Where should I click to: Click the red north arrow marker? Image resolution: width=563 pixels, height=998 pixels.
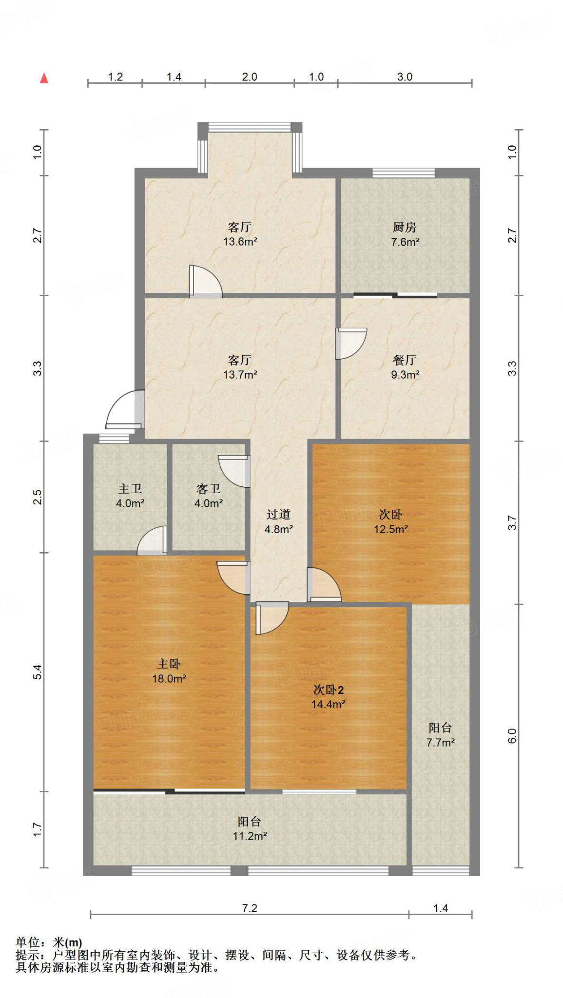(44, 78)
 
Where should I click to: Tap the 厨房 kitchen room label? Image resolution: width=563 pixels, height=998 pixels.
(405, 227)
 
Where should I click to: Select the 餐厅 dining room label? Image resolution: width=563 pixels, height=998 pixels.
(405, 360)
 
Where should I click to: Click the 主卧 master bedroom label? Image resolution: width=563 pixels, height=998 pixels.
(169, 664)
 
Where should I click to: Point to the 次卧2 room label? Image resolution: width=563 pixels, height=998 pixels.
(328, 690)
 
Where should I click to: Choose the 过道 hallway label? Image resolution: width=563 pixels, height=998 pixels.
(278, 515)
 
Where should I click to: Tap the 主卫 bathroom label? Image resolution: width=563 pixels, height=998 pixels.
(130, 489)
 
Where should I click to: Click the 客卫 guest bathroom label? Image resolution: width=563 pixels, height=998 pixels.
(209, 489)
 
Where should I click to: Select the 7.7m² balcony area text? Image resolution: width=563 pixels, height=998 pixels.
(440, 743)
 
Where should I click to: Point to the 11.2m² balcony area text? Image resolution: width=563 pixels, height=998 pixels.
(249, 836)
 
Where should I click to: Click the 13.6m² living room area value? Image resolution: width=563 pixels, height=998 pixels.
(240, 242)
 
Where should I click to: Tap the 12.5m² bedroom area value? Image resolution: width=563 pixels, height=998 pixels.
(390, 529)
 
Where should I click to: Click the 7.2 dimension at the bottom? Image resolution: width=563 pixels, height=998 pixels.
(250, 908)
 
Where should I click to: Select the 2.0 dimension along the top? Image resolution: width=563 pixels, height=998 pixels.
(249, 77)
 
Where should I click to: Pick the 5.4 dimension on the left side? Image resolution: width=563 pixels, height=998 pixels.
(38, 672)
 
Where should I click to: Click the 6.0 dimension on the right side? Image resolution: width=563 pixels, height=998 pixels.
(512, 736)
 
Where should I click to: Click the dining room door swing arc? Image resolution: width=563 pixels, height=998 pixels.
(351, 344)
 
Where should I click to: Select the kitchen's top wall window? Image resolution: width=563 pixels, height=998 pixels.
(404, 173)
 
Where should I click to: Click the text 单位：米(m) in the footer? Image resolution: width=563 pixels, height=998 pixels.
(49, 943)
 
